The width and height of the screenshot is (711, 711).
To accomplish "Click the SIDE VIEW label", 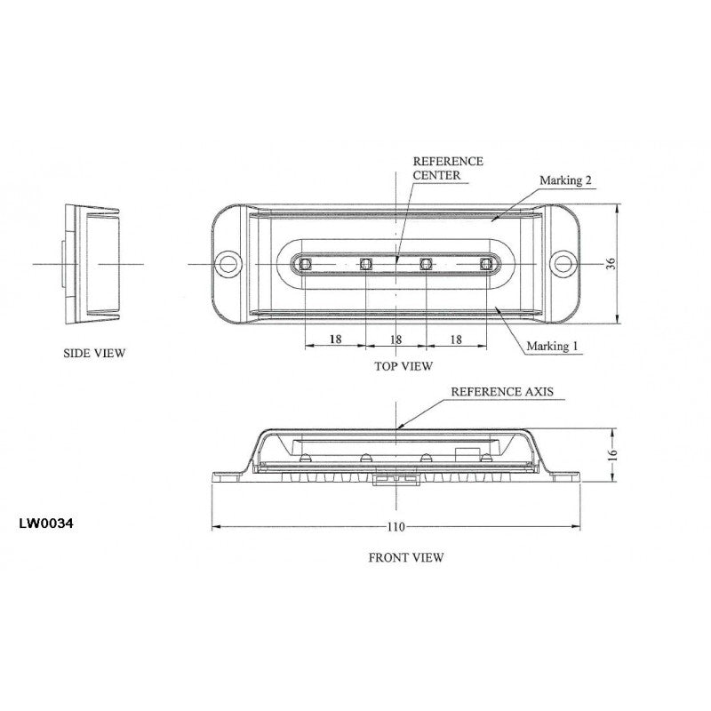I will coord(94,353).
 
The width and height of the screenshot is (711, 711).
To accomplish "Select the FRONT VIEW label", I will coord(405,558).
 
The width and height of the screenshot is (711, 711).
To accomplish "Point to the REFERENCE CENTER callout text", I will coord(449,168).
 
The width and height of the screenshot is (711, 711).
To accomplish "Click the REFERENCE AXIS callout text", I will coord(497,391).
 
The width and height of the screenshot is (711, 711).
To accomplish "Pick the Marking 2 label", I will coord(566,180).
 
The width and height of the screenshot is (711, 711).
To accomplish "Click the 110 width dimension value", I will coord(396,527).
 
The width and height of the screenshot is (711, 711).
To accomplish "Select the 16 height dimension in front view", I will coord(611,453).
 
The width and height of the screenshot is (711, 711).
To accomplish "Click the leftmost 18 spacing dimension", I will coord(335,340).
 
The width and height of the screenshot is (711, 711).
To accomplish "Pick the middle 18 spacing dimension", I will coord(396,340).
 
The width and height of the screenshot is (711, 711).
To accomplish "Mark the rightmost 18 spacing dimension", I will coord(456,340).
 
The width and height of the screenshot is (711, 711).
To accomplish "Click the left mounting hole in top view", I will coord(230,263).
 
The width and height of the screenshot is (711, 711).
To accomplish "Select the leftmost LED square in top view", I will coord(305,263).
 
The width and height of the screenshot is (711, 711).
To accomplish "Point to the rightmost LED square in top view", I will coord(486,263).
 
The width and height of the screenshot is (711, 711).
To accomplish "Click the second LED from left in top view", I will coord(365,263).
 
